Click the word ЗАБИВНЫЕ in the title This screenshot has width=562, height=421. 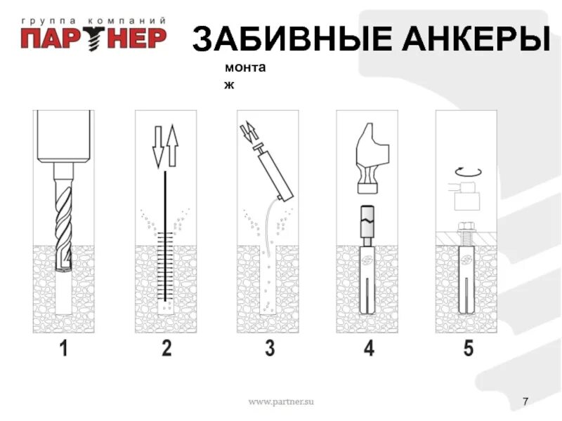pos(292,39)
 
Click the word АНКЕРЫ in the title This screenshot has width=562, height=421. pos(476,39)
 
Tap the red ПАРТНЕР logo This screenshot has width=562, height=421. pos(93,38)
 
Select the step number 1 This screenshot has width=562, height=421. pos(64,348)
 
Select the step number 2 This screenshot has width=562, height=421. pos(166,348)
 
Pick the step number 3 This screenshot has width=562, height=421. pos(270,348)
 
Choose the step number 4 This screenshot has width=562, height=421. pos(370,348)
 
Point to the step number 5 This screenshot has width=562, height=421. pos(469,348)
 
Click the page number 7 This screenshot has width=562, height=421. pos(525,401)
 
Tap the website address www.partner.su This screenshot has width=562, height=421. pos(281,401)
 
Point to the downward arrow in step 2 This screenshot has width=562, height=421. pos(157,147)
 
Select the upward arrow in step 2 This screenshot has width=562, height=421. pos(173,145)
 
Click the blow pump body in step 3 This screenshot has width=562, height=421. pos(275,175)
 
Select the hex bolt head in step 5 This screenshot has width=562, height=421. pos(466,227)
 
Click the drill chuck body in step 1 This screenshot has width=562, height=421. pos(64,137)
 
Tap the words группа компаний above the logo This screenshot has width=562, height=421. pos(93,21)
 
